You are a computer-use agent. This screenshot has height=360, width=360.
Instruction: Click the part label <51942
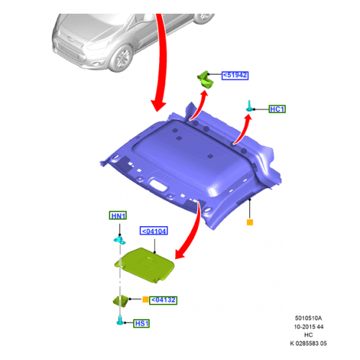pyautogui.click(x=235, y=76)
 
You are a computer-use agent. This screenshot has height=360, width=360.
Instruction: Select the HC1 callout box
pyautogui.click(x=277, y=109)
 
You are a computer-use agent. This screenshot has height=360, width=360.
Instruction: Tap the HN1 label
pyautogui.click(x=118, y=215)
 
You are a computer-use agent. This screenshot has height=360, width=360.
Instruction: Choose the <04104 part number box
pyautogui.click(x=153, y=231)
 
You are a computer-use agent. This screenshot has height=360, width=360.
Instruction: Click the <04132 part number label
pyautogui.click(x=163, y=300)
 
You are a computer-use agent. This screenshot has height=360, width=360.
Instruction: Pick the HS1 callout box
pyautogui.click(x=142, y=323)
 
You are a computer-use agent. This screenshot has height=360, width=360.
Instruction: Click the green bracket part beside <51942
pyautogui.click(x=205, y=79)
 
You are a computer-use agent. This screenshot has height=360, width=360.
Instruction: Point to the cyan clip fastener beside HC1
pyautogui.click(x=250, y=106)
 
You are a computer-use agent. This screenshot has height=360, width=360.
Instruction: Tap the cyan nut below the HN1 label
pyautogui.click(x=120, y=240)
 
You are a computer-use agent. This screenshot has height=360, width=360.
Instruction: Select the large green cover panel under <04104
pyautogui.click(x=145, y=265)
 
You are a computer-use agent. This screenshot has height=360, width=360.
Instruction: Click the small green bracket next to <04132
pyautogui.click(x=121, y=300)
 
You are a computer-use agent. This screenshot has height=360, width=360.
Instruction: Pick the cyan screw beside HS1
pyautogui.click(x=120, y=320)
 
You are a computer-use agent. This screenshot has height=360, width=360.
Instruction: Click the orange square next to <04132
pyautogui.click(x=145, y=300)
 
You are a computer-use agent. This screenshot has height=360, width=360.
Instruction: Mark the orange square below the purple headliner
pyautogui.click(x=250, y=222)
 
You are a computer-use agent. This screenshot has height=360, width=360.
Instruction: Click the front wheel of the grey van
pyautogui.click(x=122, y=58)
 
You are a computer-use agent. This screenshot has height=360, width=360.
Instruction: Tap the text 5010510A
pyautogui.click(x=308, y=318)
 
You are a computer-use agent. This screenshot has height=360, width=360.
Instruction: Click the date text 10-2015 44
pyautogui.click(x=309, y=327)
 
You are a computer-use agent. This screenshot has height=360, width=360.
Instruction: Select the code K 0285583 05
pyautogui.click(x=308, y=343)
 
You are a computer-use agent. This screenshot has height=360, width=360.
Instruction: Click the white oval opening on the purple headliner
pyautogui.click(x=158, y=185)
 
